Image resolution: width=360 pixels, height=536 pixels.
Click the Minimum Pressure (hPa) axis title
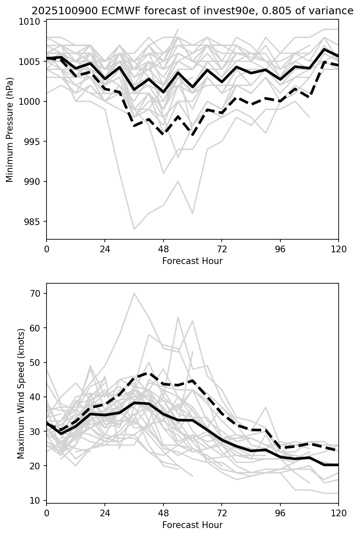point(10,129)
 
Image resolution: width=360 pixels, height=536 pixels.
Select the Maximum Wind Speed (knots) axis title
point(21,393)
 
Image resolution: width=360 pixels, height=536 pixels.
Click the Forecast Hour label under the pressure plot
point(192,261)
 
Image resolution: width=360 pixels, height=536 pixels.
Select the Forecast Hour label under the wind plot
point(192,525)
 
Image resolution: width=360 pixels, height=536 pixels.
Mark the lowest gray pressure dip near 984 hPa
point(134,229)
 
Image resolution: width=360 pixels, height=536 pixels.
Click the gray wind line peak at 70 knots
point(134,293)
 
